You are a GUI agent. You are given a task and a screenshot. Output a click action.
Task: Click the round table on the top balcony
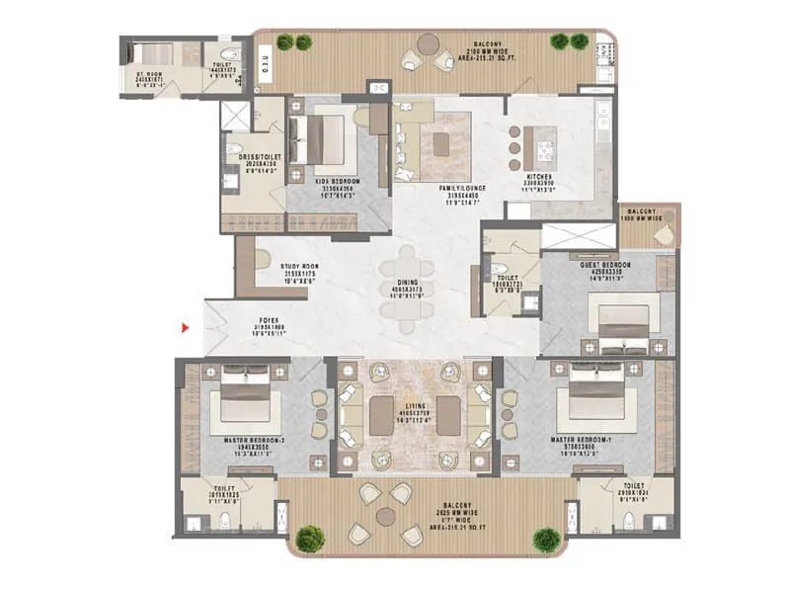tap(430, 46)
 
